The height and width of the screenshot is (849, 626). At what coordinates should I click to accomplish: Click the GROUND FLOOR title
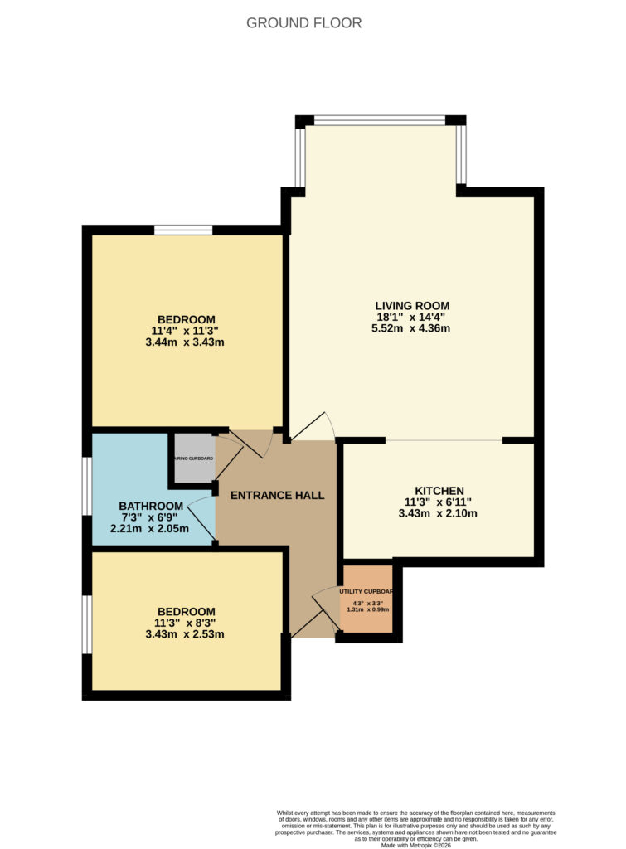(x=304, y=23)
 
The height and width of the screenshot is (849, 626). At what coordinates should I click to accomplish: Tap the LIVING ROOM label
(x=412, y=306)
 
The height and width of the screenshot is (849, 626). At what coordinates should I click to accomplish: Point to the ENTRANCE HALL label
(x=277, y=496)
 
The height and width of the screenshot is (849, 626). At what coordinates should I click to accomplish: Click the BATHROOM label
(x=151, y=507)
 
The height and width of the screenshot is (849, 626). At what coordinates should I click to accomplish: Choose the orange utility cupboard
(x=367, y=598)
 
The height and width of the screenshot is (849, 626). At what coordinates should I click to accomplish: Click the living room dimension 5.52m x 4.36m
(x=412, y=328)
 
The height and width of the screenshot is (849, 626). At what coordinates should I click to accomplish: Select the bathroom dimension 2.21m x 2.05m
(x=151, y=529)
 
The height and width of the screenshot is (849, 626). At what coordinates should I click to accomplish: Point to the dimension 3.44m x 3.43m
(x=187, y=342)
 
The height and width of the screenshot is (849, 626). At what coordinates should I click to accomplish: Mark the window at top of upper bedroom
(x=183, y=230)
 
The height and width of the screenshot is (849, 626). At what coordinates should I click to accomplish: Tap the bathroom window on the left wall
(x=86, y=485)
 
